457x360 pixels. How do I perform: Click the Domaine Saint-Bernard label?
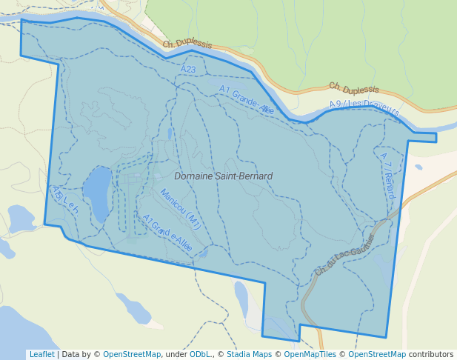point(223,176)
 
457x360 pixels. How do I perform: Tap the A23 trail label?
point(188,69)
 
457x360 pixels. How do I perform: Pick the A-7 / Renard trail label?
point(387,176)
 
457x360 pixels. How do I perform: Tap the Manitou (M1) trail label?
point(180,208)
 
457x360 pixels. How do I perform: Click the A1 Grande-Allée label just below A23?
point(247,100)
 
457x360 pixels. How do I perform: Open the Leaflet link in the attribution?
point(41,354)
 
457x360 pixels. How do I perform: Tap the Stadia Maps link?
point(249,354)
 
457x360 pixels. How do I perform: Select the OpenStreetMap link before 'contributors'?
point(377,354)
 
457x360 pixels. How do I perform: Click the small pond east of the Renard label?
point(418,167)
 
